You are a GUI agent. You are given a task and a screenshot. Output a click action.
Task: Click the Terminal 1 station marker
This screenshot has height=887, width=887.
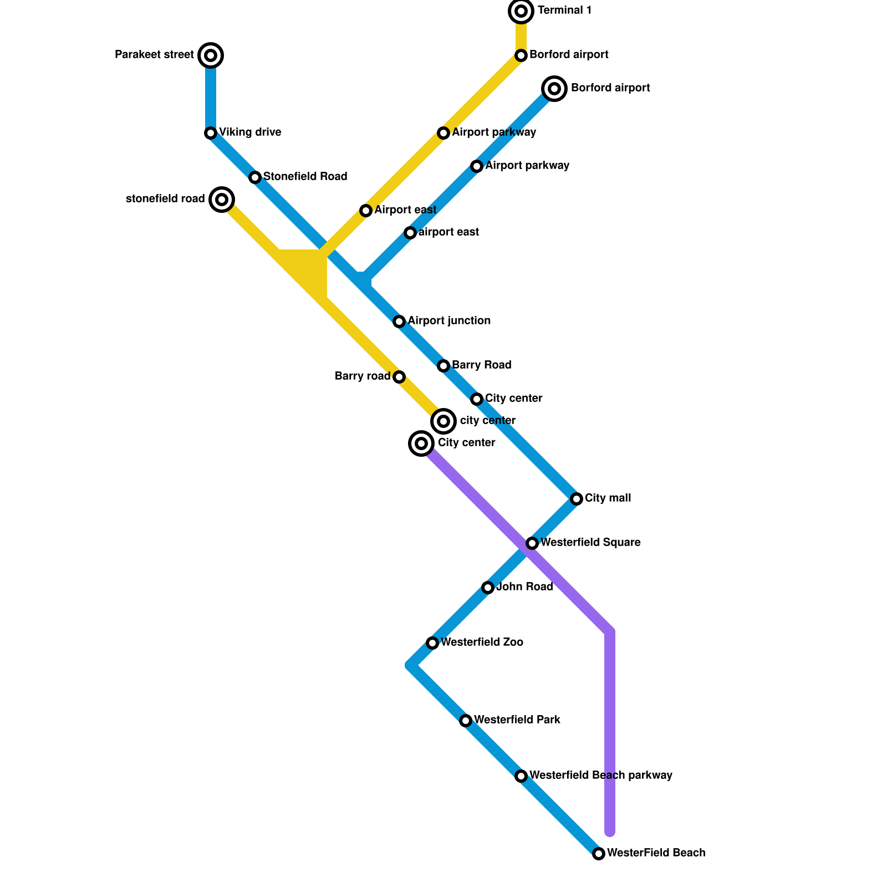pyautogui.click(x=521, y=11)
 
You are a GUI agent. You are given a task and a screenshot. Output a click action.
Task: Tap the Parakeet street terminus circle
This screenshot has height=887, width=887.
pyautogui.click(x=210, y=55)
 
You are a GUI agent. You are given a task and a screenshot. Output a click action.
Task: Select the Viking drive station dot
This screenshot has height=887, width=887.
pyautogui.click(x=210, y=132)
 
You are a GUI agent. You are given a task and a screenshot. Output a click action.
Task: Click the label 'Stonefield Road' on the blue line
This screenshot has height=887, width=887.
pyautogui.click(x=305, y=177)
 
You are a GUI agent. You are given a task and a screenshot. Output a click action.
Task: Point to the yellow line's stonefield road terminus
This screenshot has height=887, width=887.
pyautogui.click(x=222, y=199)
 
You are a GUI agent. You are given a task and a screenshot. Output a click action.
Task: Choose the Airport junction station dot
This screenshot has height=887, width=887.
pyautogui.click(x=399, y=321)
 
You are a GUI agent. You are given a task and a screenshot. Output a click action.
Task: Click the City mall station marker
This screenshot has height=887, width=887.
pyautogui.click(x=576, y=498)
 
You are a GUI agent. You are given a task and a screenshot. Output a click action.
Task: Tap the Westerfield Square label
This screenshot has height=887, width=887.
pyautogui.click(x=590, y=543)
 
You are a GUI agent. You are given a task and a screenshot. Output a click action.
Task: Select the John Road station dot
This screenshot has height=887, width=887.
pyautogui.click(x=487, y=587)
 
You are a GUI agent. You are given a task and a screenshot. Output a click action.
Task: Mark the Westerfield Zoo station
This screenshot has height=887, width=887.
pyautogui.click(x=432, y=643)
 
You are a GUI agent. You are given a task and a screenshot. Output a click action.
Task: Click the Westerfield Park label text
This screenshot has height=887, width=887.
pyautogui.click(x=517, y=720)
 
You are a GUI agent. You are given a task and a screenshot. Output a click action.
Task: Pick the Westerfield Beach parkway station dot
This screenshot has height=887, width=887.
pyautogui.click(x=521, y=776)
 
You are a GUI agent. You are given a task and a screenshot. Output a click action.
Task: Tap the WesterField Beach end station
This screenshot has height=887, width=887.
pyautogui.click(x=598, y=853)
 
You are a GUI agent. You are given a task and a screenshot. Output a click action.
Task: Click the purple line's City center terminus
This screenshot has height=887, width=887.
pyautogui.click(x=421, y=443)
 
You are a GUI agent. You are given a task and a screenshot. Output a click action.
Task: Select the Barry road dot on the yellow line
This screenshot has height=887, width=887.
pyautogui.click(x=399, y=377)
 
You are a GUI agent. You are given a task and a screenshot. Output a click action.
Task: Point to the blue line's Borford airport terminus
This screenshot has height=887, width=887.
pyautogui.click(x=554, y=88)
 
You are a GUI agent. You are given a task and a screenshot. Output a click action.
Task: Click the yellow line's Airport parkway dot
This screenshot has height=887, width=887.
pyautogui.click(x=443, y=132)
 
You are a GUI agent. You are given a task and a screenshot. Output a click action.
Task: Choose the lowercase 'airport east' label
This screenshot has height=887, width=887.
pyautogui.click(x=448, y=232)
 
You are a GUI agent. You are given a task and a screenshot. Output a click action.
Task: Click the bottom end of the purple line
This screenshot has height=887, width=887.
pyautogui.click(x=610, y=832)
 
